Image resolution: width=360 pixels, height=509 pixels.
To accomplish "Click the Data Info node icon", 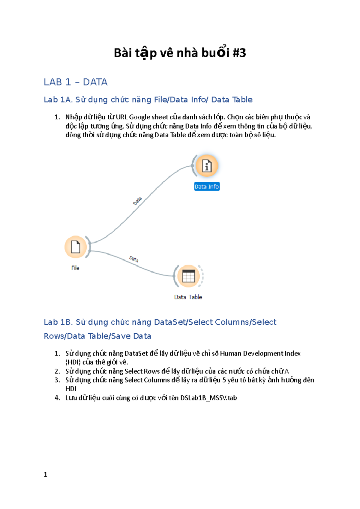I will coord(207,166).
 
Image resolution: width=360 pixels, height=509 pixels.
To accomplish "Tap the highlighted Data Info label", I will coord(207,186).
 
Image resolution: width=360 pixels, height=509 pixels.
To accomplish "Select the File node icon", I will coord(75,247).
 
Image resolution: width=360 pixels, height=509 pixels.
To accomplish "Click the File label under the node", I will coord(75,268).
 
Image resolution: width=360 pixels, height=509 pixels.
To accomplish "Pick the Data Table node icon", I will coord(188,276).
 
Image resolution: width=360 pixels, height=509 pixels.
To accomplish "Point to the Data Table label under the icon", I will coord(188,297).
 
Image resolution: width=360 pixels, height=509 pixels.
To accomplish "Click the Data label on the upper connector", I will coord(137,201).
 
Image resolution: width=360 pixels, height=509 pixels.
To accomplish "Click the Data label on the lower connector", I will coord(134,259).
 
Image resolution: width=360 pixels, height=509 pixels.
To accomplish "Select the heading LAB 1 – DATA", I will coord(76,82).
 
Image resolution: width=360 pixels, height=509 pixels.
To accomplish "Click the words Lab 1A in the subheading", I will coord(58,100).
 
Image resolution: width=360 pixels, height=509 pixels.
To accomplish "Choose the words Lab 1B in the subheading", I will coord(58,322).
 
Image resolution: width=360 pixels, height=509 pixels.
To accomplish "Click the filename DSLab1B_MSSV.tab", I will coord(208,398).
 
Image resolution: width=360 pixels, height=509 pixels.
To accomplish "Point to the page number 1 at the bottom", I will coord(46,475).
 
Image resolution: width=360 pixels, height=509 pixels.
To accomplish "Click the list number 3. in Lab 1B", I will coord(57,380).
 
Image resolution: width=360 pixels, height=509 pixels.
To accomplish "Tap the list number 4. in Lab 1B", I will coord(57,398).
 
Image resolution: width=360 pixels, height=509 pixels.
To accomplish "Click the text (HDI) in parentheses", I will coord(73,362).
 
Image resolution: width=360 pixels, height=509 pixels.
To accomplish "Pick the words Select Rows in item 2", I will coord(142,371).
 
